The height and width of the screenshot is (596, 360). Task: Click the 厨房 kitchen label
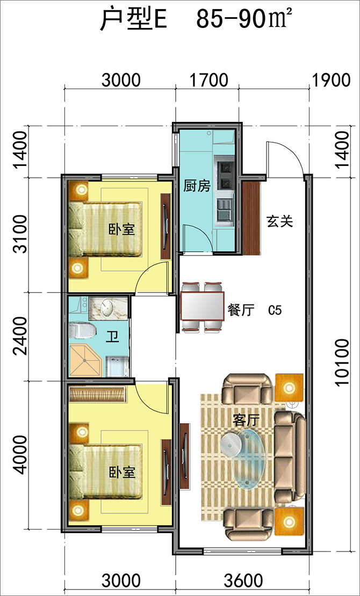[x=197, y=186]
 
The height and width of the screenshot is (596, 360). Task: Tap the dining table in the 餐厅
[x=203, y=306]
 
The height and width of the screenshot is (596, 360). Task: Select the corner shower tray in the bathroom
[x=85, y=361]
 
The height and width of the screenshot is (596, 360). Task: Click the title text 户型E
[x=133, y=20]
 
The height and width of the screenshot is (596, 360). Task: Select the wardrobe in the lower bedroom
[x=97, y=394]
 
